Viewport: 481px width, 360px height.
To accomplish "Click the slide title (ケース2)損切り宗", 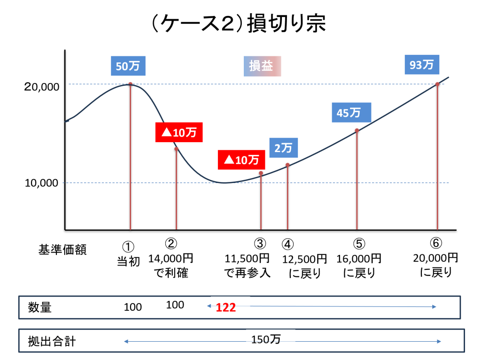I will [240, 24].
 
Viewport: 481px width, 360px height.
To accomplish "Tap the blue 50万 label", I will [128, 66].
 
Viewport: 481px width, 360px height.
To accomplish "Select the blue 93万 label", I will [422, 65].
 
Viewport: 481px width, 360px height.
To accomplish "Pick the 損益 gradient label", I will [261, 66].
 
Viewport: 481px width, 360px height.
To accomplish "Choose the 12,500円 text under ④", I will [305, 259].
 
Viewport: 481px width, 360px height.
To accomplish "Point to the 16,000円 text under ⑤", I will [359, 259].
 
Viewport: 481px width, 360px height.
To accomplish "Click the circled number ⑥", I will [436, 243].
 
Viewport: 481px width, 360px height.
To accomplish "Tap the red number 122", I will [225, 307].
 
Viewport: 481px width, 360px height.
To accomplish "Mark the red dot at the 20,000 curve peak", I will [130, 84].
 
